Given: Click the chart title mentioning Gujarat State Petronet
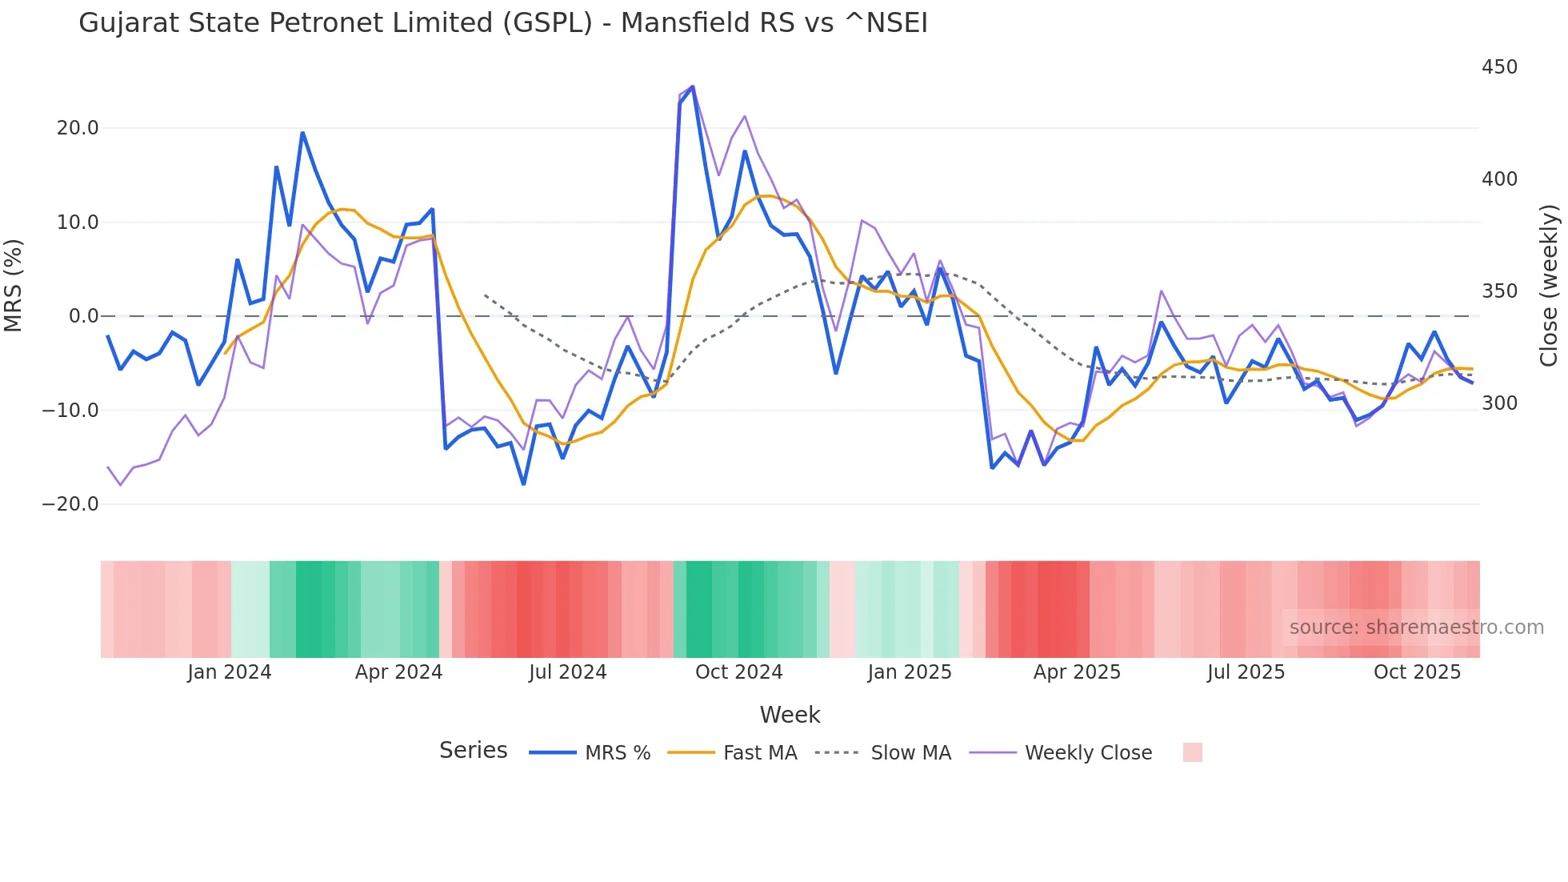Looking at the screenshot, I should [502, 23].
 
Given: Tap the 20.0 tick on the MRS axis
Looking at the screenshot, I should [78, 128].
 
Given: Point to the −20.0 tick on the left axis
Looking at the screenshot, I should [70, 504].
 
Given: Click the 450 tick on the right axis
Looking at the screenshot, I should [1499, 67].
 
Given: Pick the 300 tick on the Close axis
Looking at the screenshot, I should [1499, 403].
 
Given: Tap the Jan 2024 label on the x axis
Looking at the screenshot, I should [230, 672].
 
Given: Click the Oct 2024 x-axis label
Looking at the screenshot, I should [738, 672].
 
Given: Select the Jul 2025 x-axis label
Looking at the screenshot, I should [1246, 672].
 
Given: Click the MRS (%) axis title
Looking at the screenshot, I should [14, 285].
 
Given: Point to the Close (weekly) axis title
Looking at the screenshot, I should [1549, 286].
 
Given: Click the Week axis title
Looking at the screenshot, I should [790, 715].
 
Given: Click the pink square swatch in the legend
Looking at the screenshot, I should [1192, 752].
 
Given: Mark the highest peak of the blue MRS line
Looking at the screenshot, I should [692, 86].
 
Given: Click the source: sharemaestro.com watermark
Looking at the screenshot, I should [1416, 627].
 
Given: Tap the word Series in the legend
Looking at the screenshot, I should [473, 751].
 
